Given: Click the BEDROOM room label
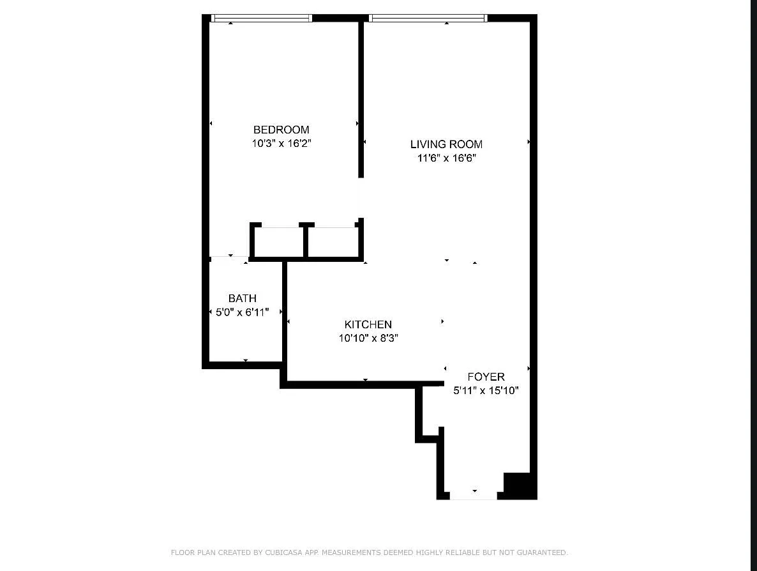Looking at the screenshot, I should coord(281,130).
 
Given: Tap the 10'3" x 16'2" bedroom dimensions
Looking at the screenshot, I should coord(281,144).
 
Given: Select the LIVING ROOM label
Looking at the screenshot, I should coord(446,144).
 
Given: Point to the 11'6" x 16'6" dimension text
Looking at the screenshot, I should coord(446,158).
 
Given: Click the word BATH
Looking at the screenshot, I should coord(243,298).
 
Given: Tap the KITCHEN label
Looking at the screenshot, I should coord(368,324).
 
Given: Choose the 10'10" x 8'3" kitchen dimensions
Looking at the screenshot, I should coord(368,339).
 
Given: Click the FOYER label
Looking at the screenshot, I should coord(486,377).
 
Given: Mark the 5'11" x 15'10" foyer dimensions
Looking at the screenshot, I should coord(486,391).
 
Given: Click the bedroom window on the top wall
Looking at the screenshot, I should coord(261,19).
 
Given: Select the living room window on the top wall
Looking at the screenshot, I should coord(428,19).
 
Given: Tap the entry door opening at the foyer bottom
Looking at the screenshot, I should coord(473,496).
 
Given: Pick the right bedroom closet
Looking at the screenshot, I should coord(334,242).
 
